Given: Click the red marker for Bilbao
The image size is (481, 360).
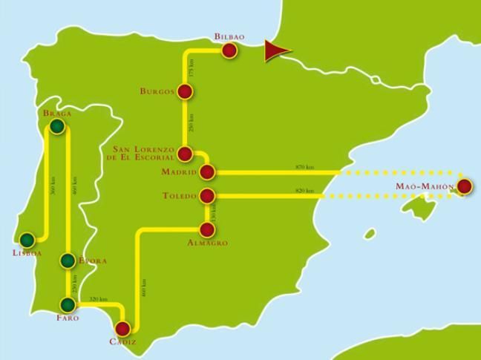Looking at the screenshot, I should (229, 50).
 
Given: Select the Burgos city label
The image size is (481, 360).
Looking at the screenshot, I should (157, 91).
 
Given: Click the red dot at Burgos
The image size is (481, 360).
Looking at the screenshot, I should (185, 91).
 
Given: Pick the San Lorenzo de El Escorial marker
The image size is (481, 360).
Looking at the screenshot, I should (186, 154).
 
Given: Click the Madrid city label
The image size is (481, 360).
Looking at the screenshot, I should (179, 172).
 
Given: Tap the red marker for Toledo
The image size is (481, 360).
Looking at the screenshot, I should (208, 196).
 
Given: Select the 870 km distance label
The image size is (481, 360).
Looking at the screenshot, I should (304, 167).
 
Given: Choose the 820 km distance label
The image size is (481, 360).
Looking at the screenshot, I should (304, 191).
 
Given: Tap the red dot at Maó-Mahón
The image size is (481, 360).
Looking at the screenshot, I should (465, 186).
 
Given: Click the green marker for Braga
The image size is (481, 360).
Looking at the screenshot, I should (57, 127).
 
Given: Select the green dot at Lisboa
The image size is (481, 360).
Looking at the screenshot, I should (27, 240).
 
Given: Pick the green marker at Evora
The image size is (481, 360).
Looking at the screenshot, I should (68, 260).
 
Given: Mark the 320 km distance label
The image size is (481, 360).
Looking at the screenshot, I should (97, 299).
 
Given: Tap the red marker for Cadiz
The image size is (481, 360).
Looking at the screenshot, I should (123, 328).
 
